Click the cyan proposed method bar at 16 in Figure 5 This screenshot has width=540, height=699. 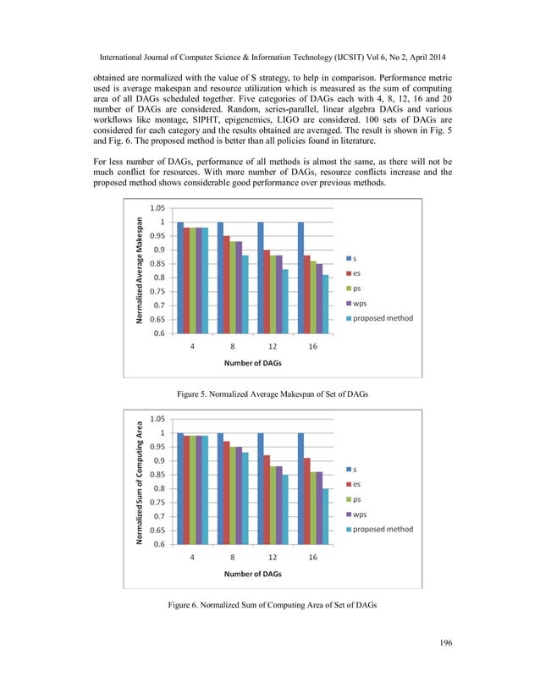click(326, 304)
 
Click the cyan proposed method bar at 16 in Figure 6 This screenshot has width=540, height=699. click(326, 516)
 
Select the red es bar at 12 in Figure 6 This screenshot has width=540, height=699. click(267, 499)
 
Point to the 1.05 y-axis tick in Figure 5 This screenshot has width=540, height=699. click(157, 207)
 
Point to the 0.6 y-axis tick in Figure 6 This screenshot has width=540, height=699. click(158, 544)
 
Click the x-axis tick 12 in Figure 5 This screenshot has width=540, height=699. click(272, 346)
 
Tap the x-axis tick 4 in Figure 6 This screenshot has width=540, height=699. click(192, 558)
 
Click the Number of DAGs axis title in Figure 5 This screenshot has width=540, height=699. click(252, 363)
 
